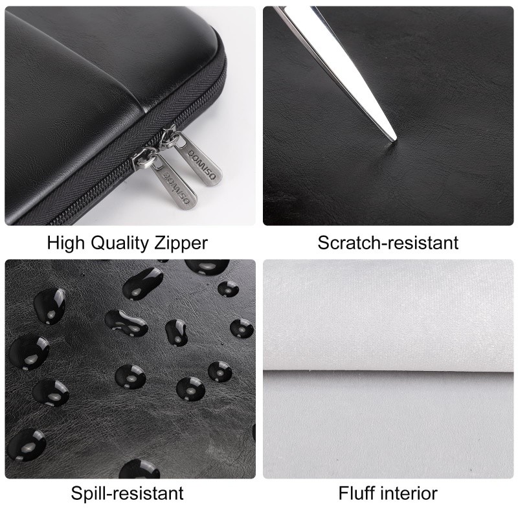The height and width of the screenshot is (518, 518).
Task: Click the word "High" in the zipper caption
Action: tap(66, 243)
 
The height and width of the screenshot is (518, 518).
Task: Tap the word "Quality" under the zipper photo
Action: tap(120, 244)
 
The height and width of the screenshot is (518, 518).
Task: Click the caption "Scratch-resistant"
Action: tap(388, 243)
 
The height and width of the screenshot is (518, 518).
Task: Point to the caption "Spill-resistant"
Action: tap(127, 493)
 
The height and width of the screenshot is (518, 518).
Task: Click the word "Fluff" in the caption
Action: tap(357, 493)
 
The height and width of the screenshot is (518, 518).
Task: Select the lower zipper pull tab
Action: tap(174, 183)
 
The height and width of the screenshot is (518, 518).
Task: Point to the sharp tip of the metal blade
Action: tap(394, 140)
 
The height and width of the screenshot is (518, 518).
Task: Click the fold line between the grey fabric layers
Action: tap(388, 370)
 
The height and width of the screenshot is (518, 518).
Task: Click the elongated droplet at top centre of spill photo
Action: tap(142, 283)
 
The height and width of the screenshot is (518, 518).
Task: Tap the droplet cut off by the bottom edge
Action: tap(139, 469)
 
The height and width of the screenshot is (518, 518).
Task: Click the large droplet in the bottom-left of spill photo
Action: tap(27, 445)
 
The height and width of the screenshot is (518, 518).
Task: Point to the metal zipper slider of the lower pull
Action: tap(144, 159)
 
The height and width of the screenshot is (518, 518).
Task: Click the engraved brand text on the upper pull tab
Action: tap(202, 164)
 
